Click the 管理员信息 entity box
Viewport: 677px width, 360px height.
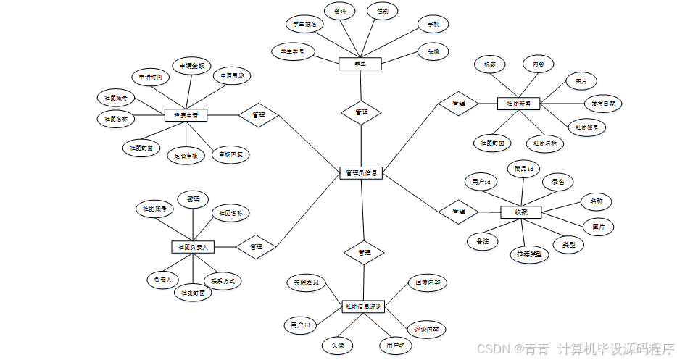[x=361, y=173]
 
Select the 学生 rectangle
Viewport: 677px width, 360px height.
[x=360, y=64]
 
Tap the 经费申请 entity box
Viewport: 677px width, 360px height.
[x=186, y=115]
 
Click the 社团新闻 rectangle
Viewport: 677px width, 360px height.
[x=519, y=104]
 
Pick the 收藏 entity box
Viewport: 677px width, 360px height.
[x=521, y=212]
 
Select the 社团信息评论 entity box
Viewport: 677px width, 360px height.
[x=363, y=307]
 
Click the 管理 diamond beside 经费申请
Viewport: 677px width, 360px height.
[x=258, y=115]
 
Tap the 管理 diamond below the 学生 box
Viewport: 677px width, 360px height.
[x=361, y=112]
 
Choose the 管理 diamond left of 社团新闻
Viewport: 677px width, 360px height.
[x=458, y=104]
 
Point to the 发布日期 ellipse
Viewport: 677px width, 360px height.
[x=603, y=104]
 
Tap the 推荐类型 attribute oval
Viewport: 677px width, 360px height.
[x=528, y=254]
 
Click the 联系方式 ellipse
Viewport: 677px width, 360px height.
[x=222, y=280]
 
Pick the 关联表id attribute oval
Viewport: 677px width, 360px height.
[x=306, y=281]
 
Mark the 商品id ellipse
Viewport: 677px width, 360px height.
[x=523, y=169]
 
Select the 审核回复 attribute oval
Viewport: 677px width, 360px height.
[x=230, y=154]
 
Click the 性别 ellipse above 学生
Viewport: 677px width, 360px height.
[x=382, y=12]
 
